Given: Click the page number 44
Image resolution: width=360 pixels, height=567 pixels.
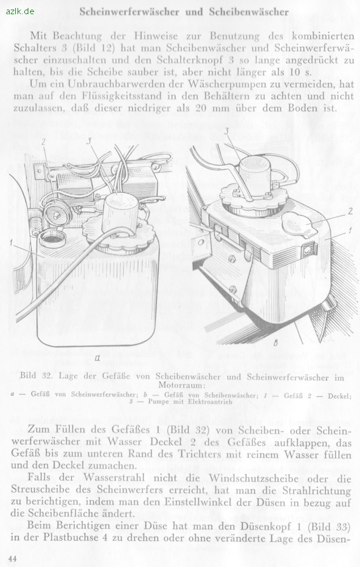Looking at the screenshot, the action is (12, 558).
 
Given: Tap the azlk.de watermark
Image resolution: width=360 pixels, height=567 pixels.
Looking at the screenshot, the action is (20, 11).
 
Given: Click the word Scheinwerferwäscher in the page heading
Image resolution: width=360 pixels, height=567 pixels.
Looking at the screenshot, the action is (129, 12).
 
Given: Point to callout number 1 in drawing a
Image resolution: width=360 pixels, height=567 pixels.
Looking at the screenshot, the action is (11, 243).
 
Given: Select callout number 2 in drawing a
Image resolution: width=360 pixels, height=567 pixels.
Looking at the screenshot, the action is (44, 142).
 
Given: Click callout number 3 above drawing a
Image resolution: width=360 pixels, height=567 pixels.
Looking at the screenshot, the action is (88, 141).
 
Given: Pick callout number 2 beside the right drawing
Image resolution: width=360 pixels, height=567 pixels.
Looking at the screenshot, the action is (350, 211).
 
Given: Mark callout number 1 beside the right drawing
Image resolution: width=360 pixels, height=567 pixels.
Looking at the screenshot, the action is (350, 230).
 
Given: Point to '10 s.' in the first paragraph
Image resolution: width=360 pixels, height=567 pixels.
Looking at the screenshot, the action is (300, 72).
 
